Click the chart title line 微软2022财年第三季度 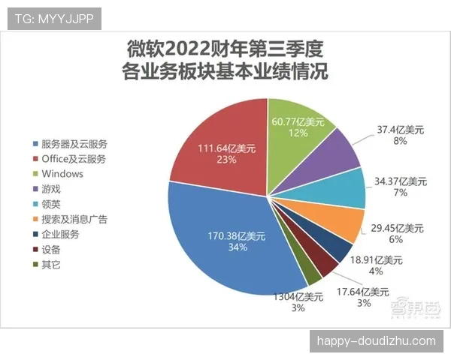[225, 50]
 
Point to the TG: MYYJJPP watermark [54, 19]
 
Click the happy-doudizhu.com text [376, 341]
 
